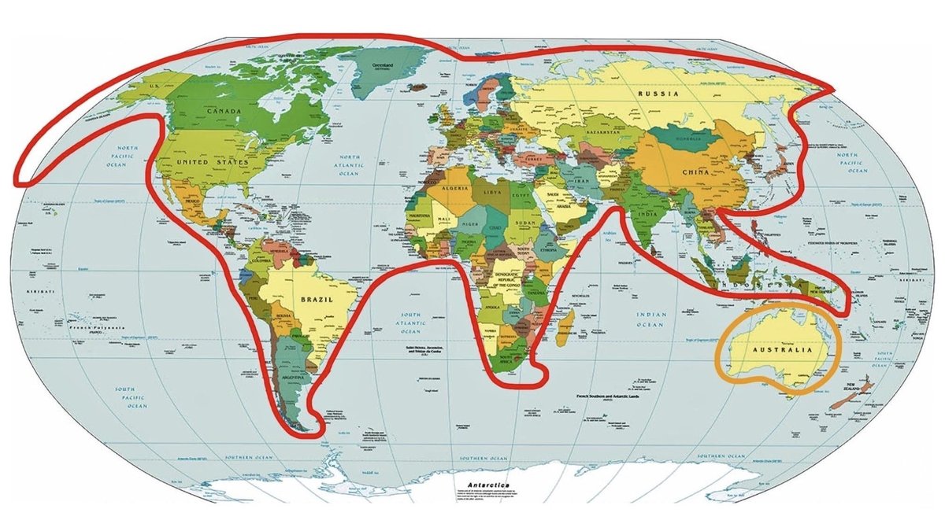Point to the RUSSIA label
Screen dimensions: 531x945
click(658, 94)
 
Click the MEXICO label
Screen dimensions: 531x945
click(194, 201)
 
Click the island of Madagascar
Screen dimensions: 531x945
click(562, 330)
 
